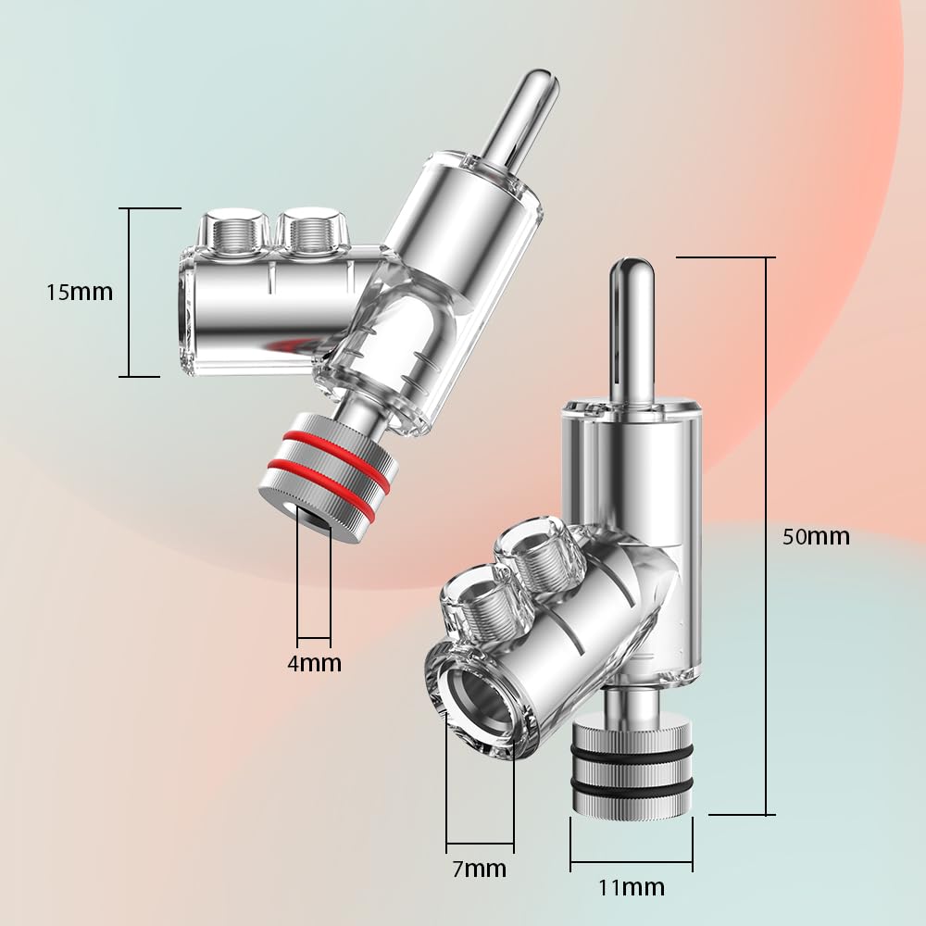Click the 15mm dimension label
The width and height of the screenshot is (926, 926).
[x=80, y=293]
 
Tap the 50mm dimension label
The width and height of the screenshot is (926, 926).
[x=816, y=537]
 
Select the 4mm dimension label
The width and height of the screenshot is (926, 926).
[x=314, y=663]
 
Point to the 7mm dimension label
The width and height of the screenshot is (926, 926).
[x=480, y=869]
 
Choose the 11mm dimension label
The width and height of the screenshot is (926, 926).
[x=632, y=888]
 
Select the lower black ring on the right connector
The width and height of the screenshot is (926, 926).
[x=632, y=786]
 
